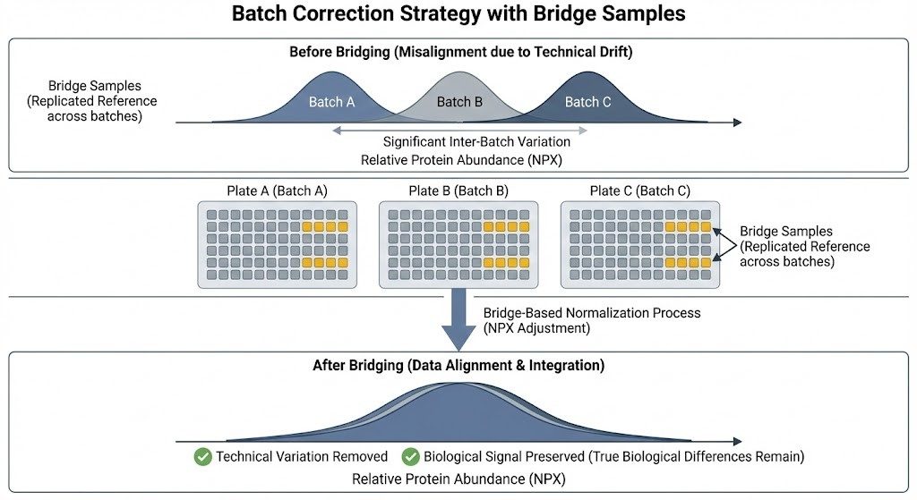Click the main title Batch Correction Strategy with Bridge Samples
(x=458, y=14)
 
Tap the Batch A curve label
(x=331, y=102)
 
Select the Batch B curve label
(x=459, y=102)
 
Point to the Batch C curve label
(x=587, y=102)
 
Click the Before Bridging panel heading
(x=460, y=52)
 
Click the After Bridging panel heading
(x=458, y=365)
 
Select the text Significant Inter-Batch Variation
(x=459, y=141)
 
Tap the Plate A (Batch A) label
(x=277, y=191)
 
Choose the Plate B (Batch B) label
(x=458, y=191)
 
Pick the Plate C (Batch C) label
(x=639, y=191)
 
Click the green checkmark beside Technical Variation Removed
(x=202, y=456)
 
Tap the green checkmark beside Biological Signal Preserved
(x=410, y=456)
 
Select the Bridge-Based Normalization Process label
(x=592, y=313)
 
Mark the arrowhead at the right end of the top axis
(x=737, y=123)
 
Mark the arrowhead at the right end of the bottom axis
(x=737, y=441)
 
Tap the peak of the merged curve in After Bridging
(x=458, y=383)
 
